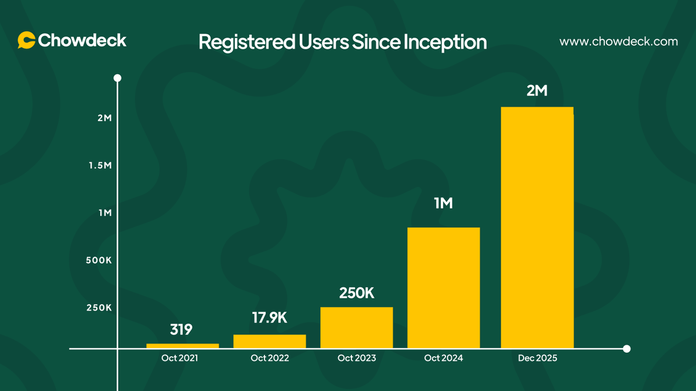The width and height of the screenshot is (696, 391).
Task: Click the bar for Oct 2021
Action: coord(183,346)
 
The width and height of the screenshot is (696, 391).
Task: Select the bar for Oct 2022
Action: coord(270,341)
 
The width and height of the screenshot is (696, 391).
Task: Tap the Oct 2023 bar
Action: coord(357,327)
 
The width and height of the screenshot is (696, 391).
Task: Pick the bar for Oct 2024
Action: coord(444,288)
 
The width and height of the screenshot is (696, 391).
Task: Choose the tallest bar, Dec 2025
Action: coord(537,228)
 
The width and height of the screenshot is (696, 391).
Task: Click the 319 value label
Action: coord(181,330)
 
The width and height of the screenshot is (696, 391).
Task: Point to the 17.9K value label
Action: coord(270,318)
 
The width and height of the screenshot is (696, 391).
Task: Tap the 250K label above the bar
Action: coord(357,293)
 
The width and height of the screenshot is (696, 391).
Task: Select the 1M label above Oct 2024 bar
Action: coord(443,203)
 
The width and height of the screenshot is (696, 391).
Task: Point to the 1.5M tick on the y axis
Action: coord(100,166)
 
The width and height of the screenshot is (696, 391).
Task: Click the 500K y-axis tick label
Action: coord(99,260)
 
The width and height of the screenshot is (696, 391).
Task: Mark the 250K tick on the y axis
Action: coord(99,308)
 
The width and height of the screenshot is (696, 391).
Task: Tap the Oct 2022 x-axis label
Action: coord(270,359)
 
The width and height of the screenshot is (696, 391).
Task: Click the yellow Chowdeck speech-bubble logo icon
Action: coord(26,40)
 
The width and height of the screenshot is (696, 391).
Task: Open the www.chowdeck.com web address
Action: coord(618,42)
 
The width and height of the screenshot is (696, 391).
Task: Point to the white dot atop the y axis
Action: coord(117,78)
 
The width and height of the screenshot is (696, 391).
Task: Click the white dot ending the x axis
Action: coord(626,349)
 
